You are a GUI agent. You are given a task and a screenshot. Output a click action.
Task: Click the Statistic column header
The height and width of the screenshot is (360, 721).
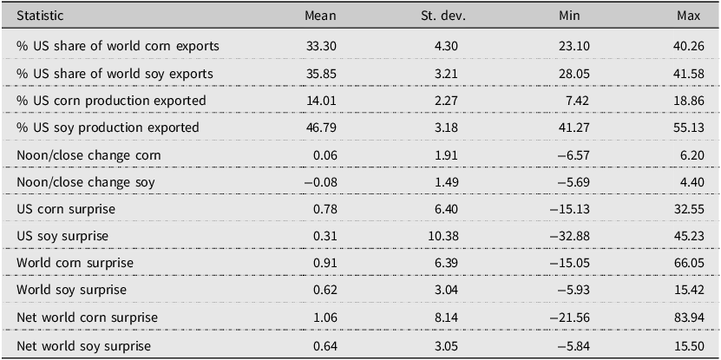click(40, 16)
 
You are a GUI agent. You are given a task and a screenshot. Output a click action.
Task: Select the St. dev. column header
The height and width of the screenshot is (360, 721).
click(443, 16)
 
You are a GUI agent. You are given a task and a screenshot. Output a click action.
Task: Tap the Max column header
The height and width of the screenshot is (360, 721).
click(689, 16)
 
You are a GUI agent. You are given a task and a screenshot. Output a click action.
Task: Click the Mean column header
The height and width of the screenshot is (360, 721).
click(320, 16)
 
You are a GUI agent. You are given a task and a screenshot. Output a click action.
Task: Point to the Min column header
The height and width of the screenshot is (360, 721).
click(569, 16)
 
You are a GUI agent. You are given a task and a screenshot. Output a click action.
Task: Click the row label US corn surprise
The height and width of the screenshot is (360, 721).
click(66, 209)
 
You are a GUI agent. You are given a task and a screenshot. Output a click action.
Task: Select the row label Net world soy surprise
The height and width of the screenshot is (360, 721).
click(83, 345)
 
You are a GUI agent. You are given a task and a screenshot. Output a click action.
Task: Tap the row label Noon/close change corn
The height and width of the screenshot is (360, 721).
click(88, 155)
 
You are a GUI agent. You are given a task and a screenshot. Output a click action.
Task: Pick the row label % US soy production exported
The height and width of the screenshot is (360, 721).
click(108, 128)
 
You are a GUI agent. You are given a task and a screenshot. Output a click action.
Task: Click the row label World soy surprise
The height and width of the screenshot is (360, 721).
click(71, 291)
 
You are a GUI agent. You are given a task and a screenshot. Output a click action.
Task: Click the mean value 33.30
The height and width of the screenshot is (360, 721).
click(321, 46)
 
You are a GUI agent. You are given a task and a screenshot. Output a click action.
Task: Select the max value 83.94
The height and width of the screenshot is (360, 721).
click(688, 317)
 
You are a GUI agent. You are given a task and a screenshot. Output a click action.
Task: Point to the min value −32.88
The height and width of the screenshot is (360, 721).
click(569, 236)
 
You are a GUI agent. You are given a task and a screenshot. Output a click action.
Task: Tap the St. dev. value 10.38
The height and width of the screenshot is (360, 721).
click(443, 236)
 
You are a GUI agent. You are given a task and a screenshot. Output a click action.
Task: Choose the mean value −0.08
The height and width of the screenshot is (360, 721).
click(320, 182)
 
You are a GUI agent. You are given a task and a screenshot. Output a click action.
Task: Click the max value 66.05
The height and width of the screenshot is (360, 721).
click(688, 264)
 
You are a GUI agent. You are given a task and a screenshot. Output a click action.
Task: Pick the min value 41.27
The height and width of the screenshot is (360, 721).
click(574, 128)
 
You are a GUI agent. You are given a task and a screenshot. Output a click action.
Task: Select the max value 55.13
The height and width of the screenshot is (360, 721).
click(689, 128)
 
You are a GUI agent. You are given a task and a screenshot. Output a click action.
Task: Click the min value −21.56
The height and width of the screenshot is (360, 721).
click(569, 317)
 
